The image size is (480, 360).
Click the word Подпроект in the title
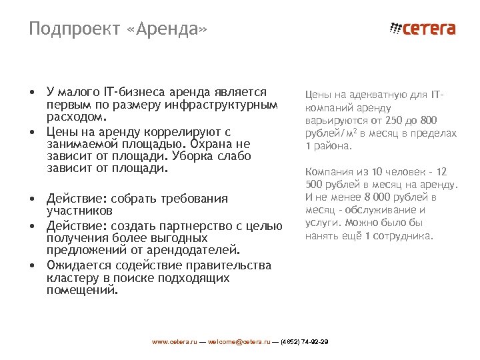pos(73,29)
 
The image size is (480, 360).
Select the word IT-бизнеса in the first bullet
pos(133,92)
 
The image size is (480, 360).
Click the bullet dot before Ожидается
pos(32,265)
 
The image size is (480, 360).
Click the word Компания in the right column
pos(327,172)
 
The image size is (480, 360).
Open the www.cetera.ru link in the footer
pos(175,341)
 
